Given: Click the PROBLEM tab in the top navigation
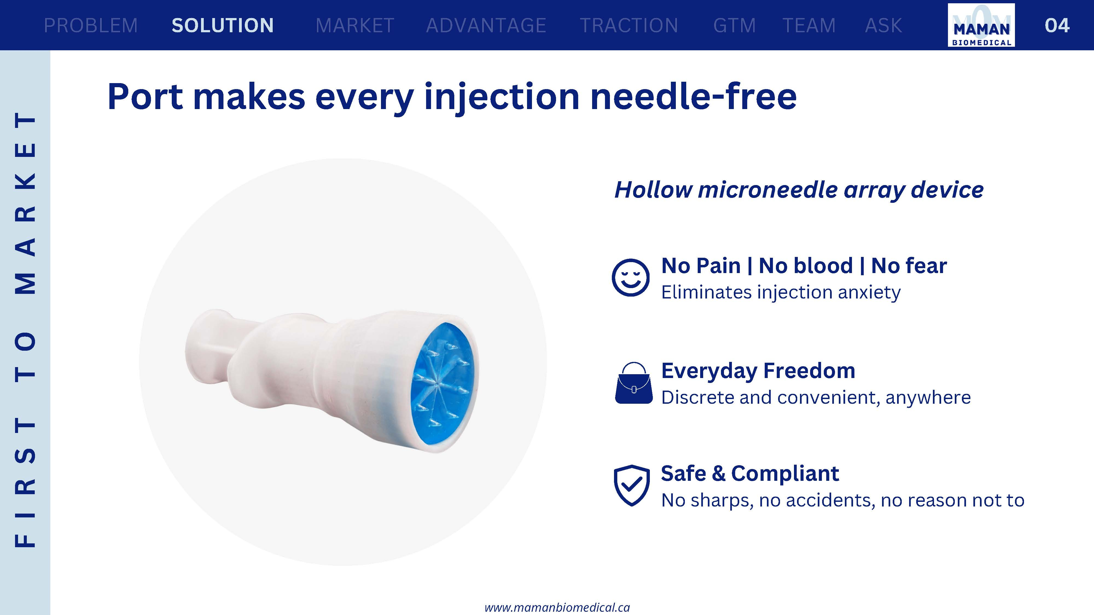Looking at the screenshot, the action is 91,25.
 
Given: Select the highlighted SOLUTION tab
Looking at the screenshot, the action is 223,25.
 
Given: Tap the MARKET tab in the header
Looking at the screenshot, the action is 355,25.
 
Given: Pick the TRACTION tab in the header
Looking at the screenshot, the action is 629,25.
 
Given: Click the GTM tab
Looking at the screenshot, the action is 735,25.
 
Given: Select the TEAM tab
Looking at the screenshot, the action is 809,25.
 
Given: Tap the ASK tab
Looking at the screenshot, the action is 883,25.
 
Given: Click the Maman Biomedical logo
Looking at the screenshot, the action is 981,25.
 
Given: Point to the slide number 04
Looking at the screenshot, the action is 1057,25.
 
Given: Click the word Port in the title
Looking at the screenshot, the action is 145,97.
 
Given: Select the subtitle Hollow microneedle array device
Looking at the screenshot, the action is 799,189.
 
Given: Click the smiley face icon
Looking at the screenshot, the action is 631,278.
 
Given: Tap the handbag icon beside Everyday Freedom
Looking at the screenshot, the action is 634,383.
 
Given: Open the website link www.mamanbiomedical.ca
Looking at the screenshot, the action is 557,607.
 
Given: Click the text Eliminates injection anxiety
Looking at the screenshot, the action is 781,292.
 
